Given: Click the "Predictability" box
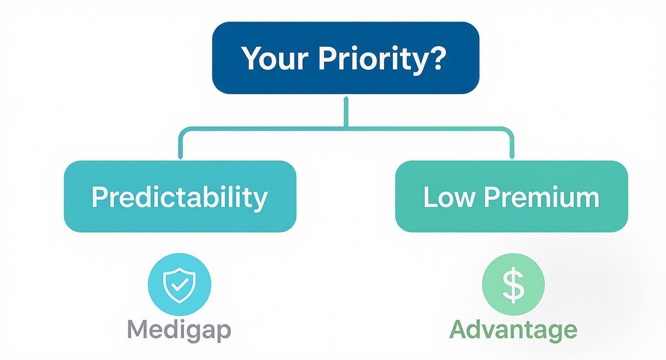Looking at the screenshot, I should click(x=180, y=196).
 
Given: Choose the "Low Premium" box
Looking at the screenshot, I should click(x=511, y=196).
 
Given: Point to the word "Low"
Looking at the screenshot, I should click(x=449, y=197).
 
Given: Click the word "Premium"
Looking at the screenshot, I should click(x=541, y=197).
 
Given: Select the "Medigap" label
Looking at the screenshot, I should click(x=179, y=330).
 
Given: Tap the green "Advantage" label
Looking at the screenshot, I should click(x=513, y=330).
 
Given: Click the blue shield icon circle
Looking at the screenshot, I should click(x=179, y=284).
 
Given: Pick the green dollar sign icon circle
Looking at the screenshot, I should click(x=513, y=284).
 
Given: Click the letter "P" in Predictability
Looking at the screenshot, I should click(x=99, y=197).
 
